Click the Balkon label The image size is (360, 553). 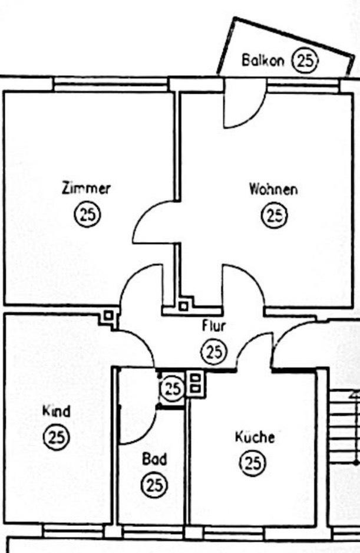263,60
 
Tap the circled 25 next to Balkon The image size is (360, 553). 305,60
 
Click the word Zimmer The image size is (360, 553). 86,188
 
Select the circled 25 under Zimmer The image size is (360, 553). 87,214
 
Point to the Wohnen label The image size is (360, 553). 273,189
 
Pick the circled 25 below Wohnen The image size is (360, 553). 274,215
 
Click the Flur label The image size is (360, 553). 214,325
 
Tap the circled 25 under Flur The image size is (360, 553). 214,351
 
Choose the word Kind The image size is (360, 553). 57,412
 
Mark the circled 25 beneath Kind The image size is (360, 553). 57,437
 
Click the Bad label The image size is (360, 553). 154,459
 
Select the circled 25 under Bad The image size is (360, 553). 154,485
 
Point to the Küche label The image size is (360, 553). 255,437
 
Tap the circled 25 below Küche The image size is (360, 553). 253,463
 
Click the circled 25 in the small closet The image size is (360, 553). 173,389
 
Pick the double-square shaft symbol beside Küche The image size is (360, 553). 196,384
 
